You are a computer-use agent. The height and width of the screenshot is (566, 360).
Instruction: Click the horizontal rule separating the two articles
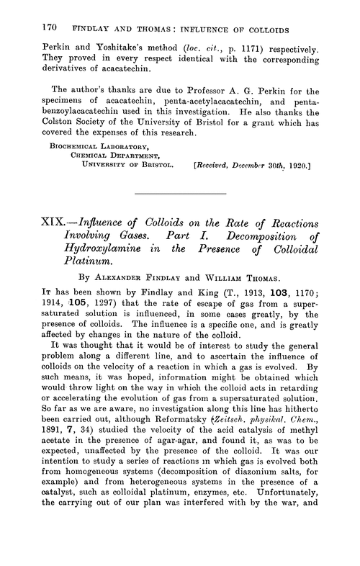(x=180, y=215)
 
